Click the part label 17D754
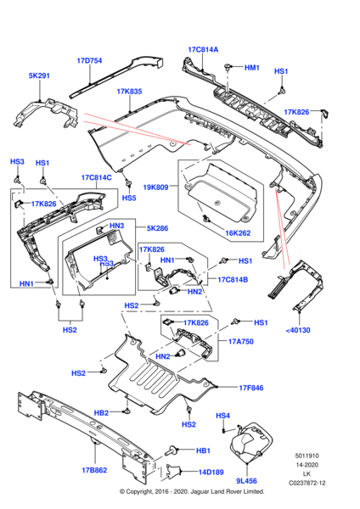click(89, 61)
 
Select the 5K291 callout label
click(39, 76)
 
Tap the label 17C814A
click(203, 50)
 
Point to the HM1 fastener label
click(252, 68)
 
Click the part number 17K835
click(129, 92)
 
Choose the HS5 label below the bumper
click(129, 198)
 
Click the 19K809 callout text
click(155, 187)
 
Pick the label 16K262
click(238, 233)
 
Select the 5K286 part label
click(158, 228)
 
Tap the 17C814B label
click(233, 279)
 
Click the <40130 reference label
click(298, 330)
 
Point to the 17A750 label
click(241, 341)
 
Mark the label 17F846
click(251, 388)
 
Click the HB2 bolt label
click(101, 413)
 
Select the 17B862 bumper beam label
click(94, 470)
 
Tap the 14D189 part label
click(211, 472)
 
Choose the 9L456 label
click(246, 481)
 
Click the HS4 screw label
click(223, 416)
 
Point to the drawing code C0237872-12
click(307, 483)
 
